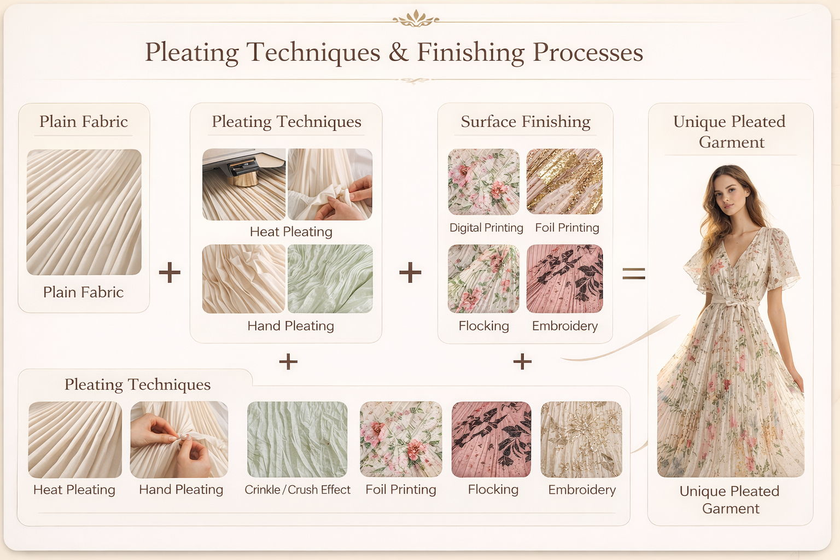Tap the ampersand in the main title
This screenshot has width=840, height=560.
coord(399,52)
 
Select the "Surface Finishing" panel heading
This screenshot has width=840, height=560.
coord(525,121)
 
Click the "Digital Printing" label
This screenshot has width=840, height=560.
coord(486,227)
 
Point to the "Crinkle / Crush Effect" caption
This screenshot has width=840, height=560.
coord(297,489)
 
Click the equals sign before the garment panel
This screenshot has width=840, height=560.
coord(633,273)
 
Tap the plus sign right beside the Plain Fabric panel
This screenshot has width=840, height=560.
coord(170,272)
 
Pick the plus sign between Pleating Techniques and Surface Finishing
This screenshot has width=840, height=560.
coord(410,272)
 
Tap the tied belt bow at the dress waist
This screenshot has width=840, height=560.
coord(733,304)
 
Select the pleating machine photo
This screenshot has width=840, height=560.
coord(244,184)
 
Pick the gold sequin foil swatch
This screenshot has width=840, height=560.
coord(564,181)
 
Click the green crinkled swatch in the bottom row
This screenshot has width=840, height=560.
coord(297,439)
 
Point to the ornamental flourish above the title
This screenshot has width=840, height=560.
coord(416,20)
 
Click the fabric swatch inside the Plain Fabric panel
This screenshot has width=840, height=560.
coord(84,212)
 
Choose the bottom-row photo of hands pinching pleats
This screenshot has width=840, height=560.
coord(179,439)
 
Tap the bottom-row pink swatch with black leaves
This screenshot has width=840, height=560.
coord(491,439)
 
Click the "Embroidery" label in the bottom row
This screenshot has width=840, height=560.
coord(582,489)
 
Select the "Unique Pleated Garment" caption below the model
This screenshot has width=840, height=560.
coord(730,499)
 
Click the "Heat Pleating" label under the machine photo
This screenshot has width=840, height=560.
coord(291,232)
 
